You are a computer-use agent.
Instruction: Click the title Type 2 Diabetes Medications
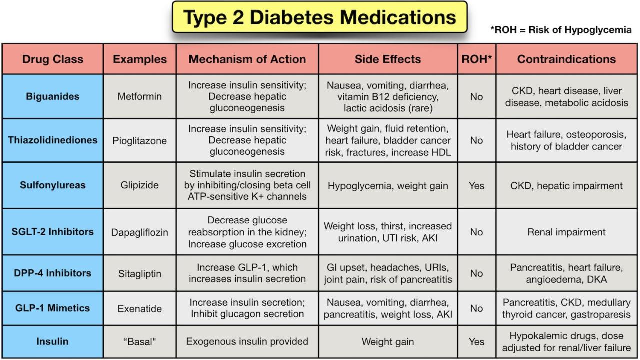pos(320,17)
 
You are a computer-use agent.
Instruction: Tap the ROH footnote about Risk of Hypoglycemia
pos(561,30)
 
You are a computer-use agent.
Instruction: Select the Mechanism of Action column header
pos(247,59)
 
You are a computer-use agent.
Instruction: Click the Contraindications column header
pos(566,59)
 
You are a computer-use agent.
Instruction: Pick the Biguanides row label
pos(53,96)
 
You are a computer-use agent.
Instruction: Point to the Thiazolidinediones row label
pos(53,140)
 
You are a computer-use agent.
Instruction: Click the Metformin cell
pos(140,96)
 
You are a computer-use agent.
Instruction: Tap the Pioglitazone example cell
pos(140,140)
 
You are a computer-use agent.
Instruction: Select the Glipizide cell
pos(140,185)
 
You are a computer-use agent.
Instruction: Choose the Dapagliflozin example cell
pos(140,232)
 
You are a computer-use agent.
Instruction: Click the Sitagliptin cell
pos(140,273)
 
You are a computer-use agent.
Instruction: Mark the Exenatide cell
pos(140,309)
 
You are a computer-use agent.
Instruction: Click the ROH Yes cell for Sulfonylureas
pos(476,185)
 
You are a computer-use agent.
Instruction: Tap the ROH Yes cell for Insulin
pos(476,342)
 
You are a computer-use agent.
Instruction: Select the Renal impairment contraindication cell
pos(566,232)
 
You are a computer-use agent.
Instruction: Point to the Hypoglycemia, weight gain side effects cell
pos(388,186)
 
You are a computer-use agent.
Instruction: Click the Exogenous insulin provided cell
pos(247,342)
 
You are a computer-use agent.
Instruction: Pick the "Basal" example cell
pos(140,342)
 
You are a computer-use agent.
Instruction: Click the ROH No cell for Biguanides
pos(476,96)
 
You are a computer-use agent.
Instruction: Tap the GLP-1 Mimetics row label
pos(53,309)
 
